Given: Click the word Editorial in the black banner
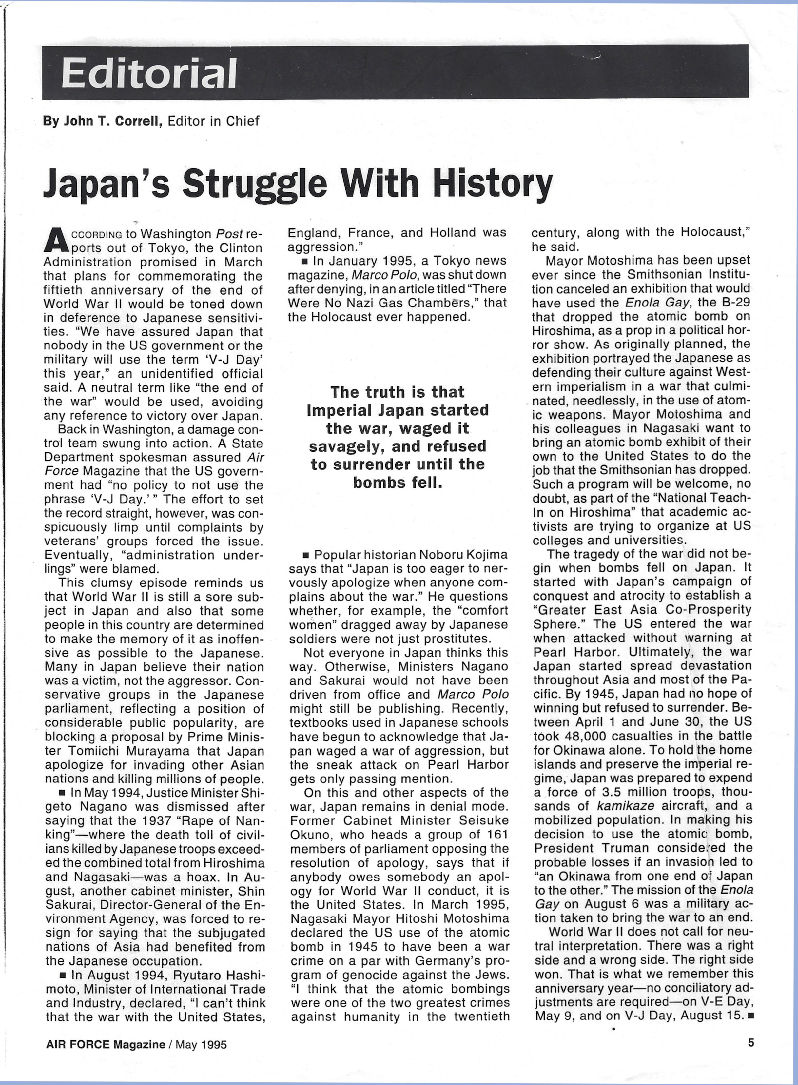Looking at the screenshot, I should pyautogui.click(x=149, y=73).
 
